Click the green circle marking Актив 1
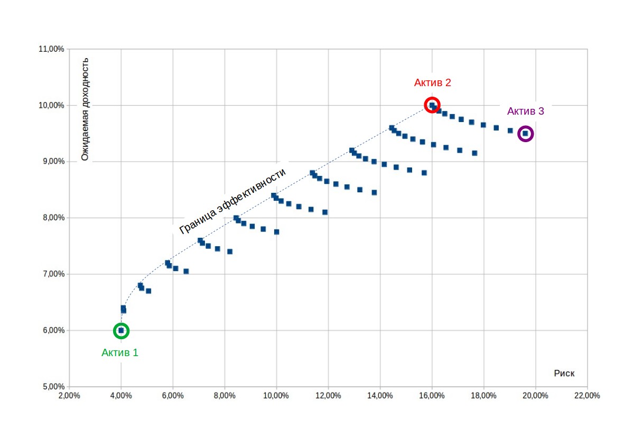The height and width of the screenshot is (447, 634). tap(121, 331)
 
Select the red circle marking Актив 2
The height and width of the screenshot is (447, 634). tap(432, 105)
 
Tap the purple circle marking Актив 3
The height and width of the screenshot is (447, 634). tap(525, 134)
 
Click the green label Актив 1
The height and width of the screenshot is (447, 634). tap(120, 352)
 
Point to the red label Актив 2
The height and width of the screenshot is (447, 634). tap(432, 82)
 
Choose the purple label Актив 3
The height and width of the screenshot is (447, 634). tap(525, 111)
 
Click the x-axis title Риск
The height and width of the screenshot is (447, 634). tap(564, 374)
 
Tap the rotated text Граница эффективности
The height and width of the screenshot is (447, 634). tap(233, 201)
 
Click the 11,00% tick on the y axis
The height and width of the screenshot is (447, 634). tap(51, 49)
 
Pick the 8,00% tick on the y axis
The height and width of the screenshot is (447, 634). tap(51, 218)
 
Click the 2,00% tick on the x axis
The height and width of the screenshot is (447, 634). tap(69, 396)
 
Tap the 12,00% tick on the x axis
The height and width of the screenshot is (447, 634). tap(328, 396)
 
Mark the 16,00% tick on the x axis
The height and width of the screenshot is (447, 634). tap(432, 396)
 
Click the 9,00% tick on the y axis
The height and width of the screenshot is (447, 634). tap(51, 162)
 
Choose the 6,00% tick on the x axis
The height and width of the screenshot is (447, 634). tap(173, 396)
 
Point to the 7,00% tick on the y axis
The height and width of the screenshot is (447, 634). tap(51, 274)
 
